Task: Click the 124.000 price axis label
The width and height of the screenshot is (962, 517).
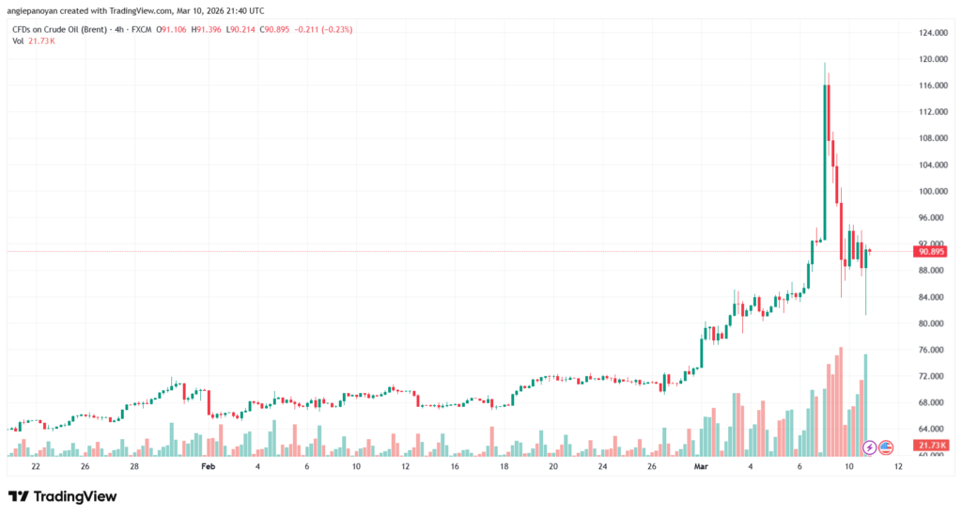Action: click(933, 33)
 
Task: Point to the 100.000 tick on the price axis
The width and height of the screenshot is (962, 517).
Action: click(933, 191)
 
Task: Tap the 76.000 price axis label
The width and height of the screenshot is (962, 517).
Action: click(933, 350)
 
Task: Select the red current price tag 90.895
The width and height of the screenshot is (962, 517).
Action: click(932, 251)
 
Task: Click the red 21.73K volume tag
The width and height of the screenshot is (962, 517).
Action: click(932, 445)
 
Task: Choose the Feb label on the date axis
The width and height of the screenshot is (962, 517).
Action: click(209, 466)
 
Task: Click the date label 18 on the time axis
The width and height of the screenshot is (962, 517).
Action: click(504, 466)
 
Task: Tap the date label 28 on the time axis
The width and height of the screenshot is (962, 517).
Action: click(134, 466)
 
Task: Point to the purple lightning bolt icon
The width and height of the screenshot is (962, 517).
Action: click(870, 446)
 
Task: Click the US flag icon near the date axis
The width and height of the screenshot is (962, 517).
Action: click(885, 446)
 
